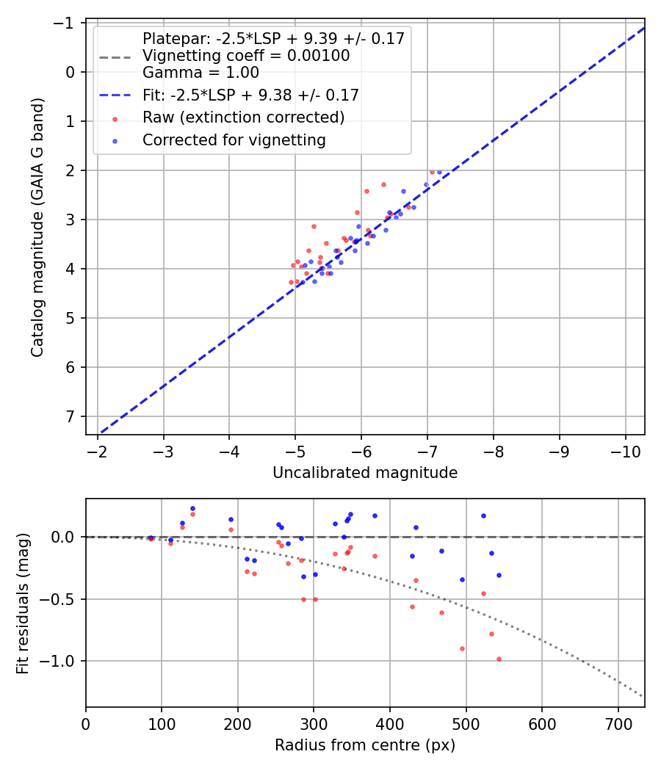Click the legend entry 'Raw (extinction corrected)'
click(x=243, y=117)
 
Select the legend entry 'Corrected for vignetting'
click(x=234, y=140)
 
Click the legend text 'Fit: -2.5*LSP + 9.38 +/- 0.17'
click(x=250, y=95)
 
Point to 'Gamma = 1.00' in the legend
click(x=201, y=73)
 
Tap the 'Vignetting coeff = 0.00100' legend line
click(x=246, y=56)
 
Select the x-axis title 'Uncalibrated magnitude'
click(x=365, y=473)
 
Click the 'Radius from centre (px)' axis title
click(x=365, y=745)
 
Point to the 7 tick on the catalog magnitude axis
click(x=71, y=416)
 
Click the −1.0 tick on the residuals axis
click(x=62, y=661)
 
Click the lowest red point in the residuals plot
click(x=499, y=659)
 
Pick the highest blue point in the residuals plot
click(x=192, y=508)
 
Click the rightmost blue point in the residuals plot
click(x=499, y=575)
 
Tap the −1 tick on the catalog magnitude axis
click(x=67, y=23)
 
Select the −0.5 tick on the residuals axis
click(x=62, y=599)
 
